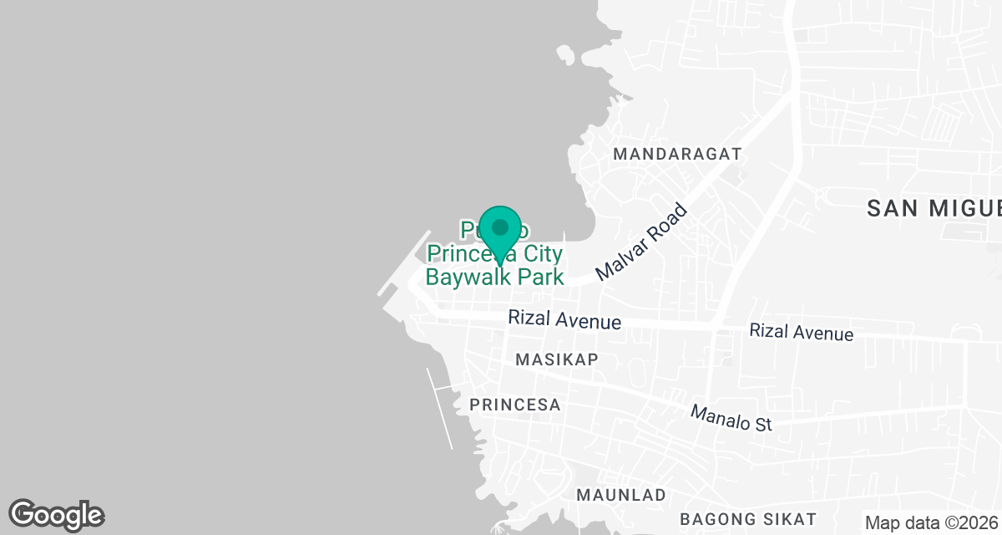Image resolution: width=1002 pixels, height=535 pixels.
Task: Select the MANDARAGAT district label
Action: pyautogui.click(x=677, y=155)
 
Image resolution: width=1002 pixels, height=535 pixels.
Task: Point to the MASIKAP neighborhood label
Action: pyautogui.click(x=557, y=359)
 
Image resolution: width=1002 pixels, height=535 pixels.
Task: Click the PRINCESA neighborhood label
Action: pyautogui.click(x=514, y=405)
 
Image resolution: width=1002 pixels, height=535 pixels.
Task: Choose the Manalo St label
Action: pyautogui.click(x=731, y=419)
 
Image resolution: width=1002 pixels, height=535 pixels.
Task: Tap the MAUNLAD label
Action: pyautogui.click(x=621, y=495)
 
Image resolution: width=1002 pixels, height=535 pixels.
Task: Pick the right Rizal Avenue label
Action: pyautogui.click(x=801, y=332)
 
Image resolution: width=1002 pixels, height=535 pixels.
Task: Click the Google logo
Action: pyautogui.click(x=56, y=515)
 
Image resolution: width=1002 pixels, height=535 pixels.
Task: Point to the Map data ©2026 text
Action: pyautogui.click(x=931, y=523)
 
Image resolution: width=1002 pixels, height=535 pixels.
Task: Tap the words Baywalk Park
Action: pyautogui.click(x=495, y=277)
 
